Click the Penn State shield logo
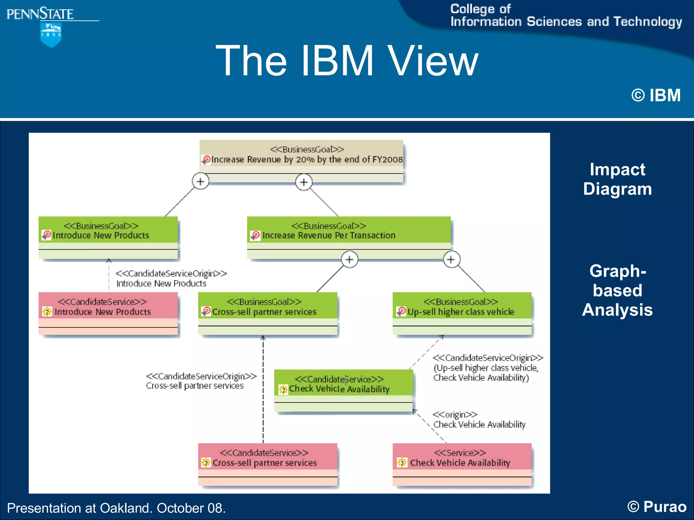tap(50, 35)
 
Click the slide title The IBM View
tap(347, 61)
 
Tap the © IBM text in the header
tap(656, 95)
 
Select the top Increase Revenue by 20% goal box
tap(301, 161)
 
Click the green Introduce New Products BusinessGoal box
tap(108, 237)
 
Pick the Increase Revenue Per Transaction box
tap(349, 237)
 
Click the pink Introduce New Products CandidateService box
tap(108, 313)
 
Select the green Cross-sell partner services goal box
tap(268, 313)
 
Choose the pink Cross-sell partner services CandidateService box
tap(268, 464)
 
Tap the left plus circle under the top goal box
tap(201, 181)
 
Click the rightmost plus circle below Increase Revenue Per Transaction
tap(451, 260)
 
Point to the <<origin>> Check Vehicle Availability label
tap(479, 420)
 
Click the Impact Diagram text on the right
tap(617, 179)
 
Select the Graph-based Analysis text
tap(617, 290)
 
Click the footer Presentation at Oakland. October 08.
tap(116, 508)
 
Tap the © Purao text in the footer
tap(656, 507)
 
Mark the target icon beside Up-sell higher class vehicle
tap(401, 311)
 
